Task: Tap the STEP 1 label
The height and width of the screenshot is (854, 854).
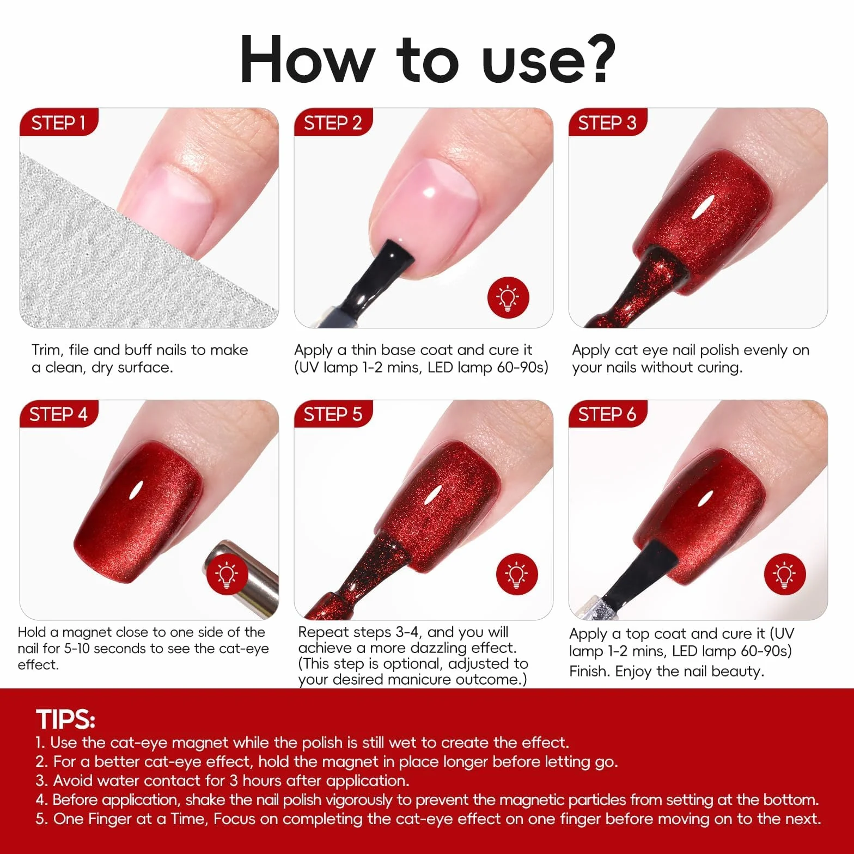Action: coord(59,123)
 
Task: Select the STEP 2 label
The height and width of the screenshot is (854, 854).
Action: coord(333,123)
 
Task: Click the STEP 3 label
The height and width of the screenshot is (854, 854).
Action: coord(607,123)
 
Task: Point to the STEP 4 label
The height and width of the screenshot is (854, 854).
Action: coord(58,414)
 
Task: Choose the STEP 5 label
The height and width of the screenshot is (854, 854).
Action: coord(333,414)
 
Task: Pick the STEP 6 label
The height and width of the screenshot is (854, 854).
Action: coord(607,414)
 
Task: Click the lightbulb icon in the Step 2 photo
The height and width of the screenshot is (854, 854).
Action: coord(508,298)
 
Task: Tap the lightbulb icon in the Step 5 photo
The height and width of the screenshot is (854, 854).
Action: coord(517,574)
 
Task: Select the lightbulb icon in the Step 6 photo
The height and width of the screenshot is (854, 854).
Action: coord(784,574)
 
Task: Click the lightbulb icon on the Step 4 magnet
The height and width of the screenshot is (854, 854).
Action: coord(227,575)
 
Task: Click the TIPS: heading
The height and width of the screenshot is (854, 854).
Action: coord(65,719)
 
